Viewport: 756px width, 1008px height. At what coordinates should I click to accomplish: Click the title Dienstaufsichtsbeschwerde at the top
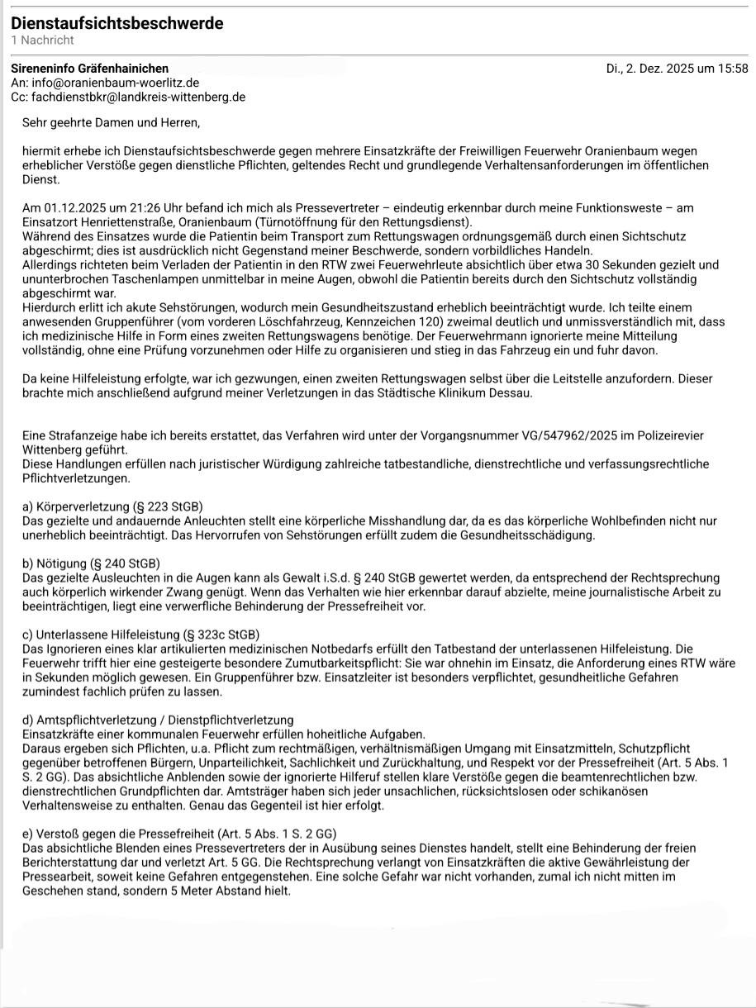click(117, 23)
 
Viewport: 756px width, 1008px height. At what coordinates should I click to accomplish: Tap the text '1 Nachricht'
click(42, 40)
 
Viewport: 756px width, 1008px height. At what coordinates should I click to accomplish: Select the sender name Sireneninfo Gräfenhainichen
click(89, 69)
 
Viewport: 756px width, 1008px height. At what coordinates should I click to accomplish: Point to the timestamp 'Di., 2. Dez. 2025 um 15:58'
click(677, 69)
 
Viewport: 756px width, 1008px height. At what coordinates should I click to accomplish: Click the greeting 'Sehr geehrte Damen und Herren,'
click(112, 123)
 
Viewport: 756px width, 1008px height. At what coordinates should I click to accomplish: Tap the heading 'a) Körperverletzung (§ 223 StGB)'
click(113, 506)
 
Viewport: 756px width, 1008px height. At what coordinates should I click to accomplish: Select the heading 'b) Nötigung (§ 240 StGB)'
click(91, 563)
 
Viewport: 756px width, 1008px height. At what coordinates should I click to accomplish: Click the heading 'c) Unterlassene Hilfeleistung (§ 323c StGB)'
click(140, 634)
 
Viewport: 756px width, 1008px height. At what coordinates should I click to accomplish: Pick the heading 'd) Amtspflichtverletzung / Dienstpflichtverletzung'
click(158, 720)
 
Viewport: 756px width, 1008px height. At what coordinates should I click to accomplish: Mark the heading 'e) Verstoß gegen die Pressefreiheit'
click(179, 834)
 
